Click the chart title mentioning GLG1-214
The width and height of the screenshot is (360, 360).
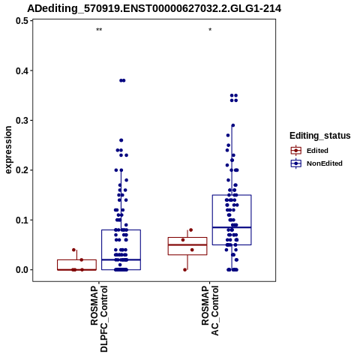coord(154,8)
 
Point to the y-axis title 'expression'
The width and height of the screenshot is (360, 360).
coord(8,150)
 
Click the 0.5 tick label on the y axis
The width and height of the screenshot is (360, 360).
coord(22,21)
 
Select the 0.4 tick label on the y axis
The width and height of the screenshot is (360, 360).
coord(22,70)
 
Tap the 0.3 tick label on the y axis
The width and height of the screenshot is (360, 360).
coord(22,121)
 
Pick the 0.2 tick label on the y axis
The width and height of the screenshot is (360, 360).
coord(22,170)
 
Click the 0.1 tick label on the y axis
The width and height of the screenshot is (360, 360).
coord(22,220)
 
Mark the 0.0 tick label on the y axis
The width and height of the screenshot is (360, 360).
coord(22,270)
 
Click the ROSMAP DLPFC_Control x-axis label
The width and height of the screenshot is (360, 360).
coord(99,319)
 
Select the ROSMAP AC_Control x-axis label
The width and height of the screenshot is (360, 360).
coord(210,310)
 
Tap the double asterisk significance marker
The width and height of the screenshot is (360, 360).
coord(99,30)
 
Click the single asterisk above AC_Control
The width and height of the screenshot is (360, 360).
coord(210,30)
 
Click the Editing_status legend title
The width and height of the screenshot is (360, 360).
coord(320,136)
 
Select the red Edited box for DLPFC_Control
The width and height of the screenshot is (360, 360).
coord(76,265)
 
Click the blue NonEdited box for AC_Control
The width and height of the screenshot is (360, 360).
coord(232,220)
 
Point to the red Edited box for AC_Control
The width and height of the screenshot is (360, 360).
coord(187,246)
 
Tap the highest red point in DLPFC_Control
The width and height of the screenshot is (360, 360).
coord(73,250)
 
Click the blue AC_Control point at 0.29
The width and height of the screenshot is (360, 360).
coord(233,125)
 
